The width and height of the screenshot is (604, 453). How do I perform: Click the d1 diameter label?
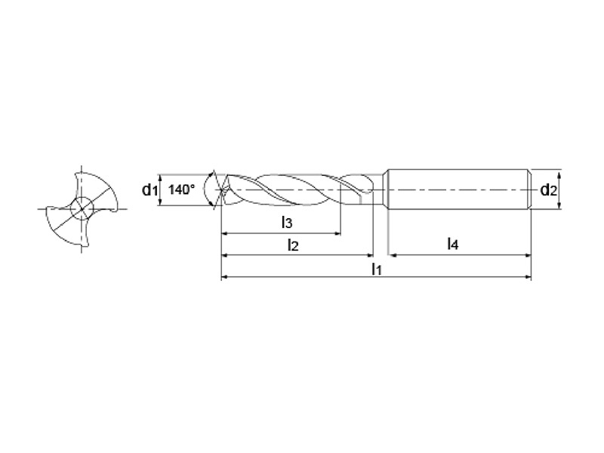[x=149, y=190]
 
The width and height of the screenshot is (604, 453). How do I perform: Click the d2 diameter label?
[x=549, y=190]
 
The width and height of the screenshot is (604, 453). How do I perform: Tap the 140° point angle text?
[x=181, y=190]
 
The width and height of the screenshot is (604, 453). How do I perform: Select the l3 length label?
[x=287, y=222]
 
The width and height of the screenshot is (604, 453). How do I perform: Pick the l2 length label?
[x=293, y=244]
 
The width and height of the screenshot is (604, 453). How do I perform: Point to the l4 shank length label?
[x=452, y=244]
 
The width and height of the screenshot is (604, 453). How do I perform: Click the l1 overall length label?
[x=376, y=269]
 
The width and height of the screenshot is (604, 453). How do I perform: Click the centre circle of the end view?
[x=82, y=209]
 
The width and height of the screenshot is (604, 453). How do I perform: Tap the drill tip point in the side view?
[x=221, y=190]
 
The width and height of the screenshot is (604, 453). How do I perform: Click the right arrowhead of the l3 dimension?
[x=337, y=233]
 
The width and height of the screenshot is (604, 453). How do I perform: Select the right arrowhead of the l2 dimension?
[x=370, y=255]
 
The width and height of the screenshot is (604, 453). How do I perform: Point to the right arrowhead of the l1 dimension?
[x=528, y=276]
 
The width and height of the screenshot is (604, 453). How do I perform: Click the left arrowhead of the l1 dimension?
[x=224, y=276]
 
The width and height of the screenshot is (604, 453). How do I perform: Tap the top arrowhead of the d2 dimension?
[x=560, y=173]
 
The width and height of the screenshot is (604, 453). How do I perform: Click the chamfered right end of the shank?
[x=529, y=190]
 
